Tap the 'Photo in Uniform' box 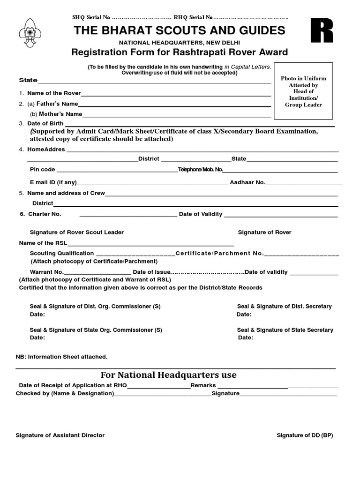click(303, 91)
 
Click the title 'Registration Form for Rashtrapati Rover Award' click(180, 52)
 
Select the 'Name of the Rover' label click(54, 93)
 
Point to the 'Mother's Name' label click(56, 114)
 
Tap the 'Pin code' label click(42, 169)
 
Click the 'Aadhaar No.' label click(247, 182)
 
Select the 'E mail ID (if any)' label click(53, 182)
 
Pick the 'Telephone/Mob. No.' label click(200, 169)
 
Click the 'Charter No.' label click(45, 214)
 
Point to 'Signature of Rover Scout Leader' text click(77, 232)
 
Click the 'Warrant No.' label click(46, 272)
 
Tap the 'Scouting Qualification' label click(62, 253)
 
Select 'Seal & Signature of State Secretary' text click(285, 330)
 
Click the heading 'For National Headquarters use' click(169, 375)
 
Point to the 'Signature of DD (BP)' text click(305, 435)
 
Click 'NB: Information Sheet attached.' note click(62, 357)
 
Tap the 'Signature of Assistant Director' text click(60, 435)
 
